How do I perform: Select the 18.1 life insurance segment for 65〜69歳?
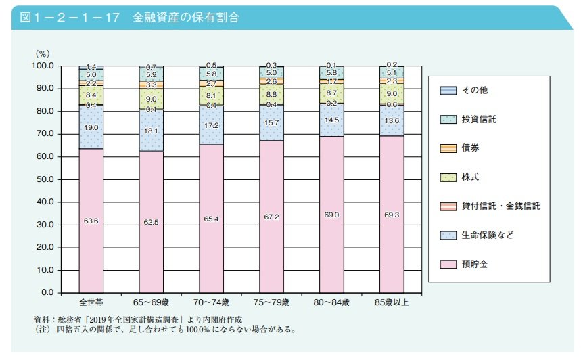click(x=151, y=130)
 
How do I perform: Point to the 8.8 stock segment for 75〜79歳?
click(x=271, y=95)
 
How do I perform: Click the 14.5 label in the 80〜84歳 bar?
click(x=331, y=120)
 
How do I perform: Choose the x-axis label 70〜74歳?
click(x=211, y=302)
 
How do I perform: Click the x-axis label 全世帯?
click(x=91, y=302)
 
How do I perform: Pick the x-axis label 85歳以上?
click(x=392, y=302)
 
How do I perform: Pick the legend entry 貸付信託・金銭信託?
click(x=500, y=206)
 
